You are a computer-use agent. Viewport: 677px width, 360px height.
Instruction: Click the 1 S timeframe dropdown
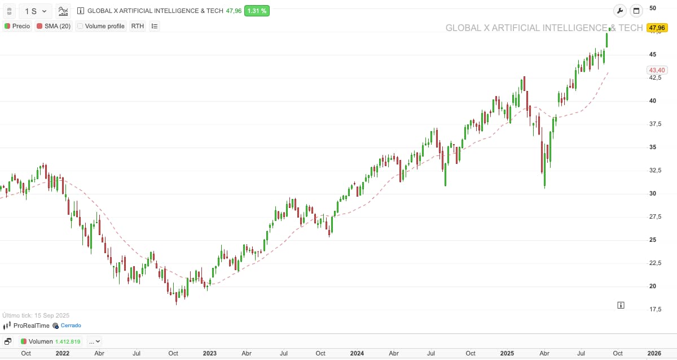pos(36,11)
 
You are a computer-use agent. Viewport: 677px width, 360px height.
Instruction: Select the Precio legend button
pos(17,26)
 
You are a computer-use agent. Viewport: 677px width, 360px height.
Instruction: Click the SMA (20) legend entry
pos(54,26)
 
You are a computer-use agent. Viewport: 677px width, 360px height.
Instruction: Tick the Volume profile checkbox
pos(80,26)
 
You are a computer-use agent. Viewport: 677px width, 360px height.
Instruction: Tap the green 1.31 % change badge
pos(257,11)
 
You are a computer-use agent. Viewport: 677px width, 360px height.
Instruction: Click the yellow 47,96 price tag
pos(657,28)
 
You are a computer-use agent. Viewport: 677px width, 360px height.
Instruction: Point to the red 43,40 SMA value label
pos(657,70)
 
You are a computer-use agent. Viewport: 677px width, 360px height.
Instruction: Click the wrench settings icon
pos(619,11)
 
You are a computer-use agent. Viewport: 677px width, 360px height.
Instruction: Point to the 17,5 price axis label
pos(655,309)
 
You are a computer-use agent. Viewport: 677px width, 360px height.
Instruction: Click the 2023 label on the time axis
pos(209,353)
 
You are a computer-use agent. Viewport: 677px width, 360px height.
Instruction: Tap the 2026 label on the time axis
pos(654,353)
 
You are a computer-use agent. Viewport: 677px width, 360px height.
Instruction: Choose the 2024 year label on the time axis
pos(357,353)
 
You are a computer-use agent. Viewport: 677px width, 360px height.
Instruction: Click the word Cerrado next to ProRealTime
pos(71,326)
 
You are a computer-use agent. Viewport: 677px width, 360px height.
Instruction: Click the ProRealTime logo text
pos(31,326)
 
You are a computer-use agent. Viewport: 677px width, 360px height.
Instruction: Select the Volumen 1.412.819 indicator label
pos(51,341)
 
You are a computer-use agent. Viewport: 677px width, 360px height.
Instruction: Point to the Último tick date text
pos(36,315)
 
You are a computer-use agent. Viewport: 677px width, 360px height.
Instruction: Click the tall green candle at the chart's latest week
pos(607,40)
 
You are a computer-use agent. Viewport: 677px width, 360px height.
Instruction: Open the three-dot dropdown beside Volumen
pos(94,341)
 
